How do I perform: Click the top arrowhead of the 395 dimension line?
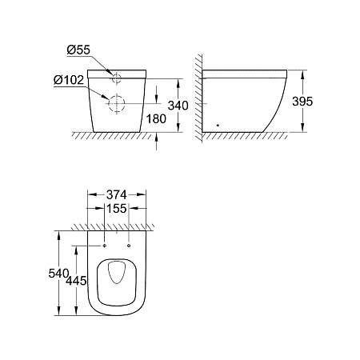click(304, 73)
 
